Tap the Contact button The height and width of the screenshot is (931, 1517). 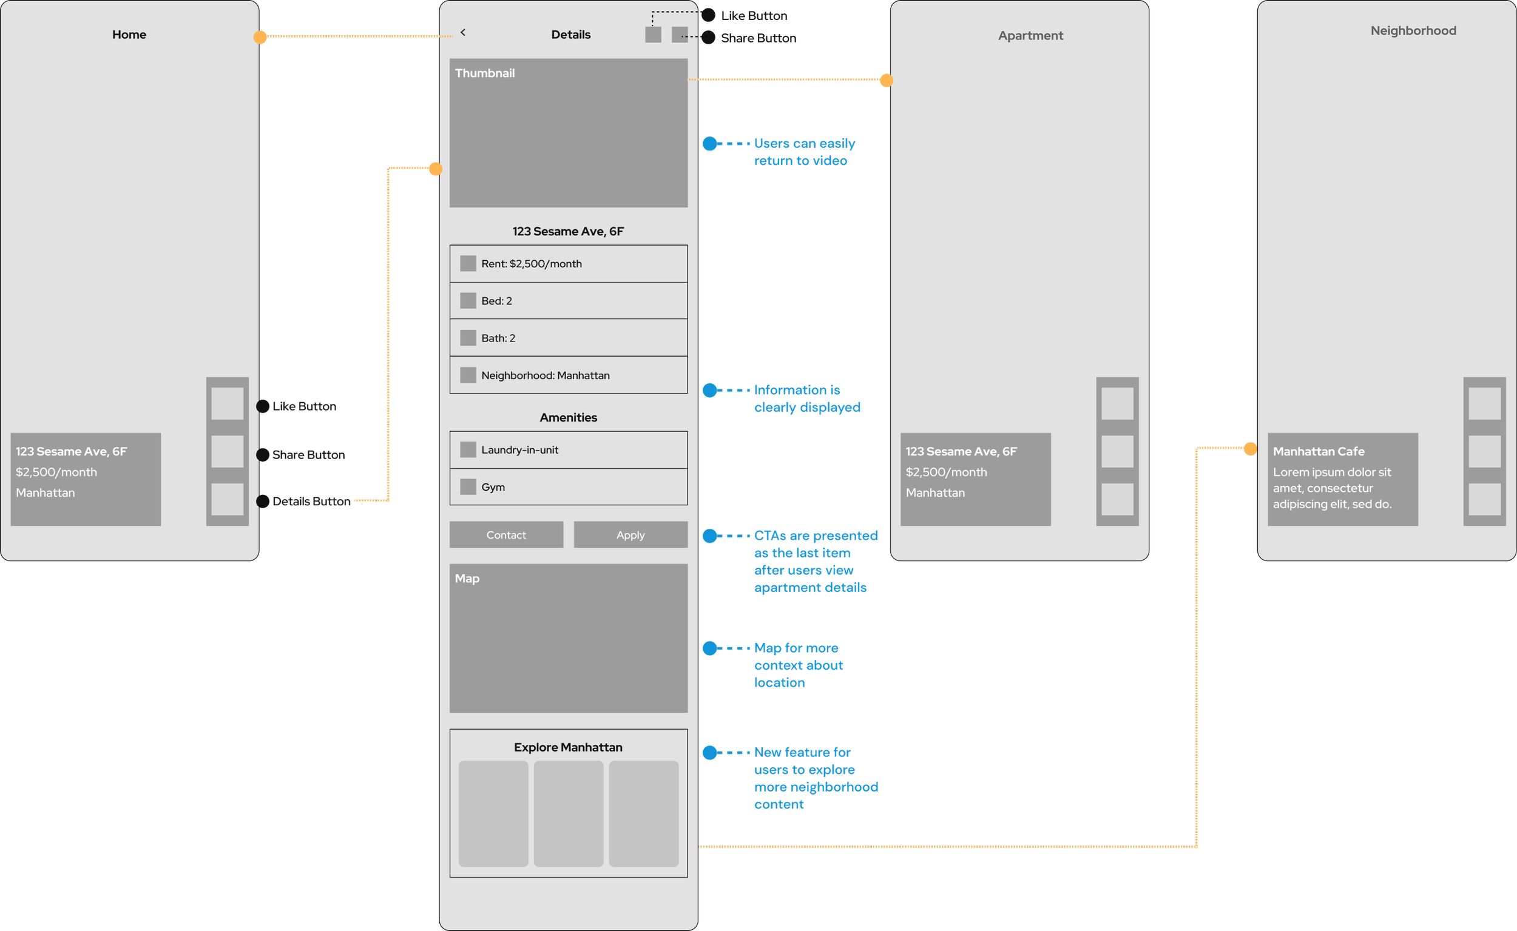pyautogui.click(x=505, y=534)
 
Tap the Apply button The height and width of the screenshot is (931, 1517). pyautogui.click(x=630, y=534)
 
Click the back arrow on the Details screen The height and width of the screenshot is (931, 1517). pyautogui.click(x=463, y=33)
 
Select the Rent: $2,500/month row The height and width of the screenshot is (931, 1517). pyautogui.click(x=568, y=264)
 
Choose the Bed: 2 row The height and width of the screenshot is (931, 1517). pyautogui.click(x=568, y=300)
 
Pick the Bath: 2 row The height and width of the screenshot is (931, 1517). pyautogui.click(x=568, y=337)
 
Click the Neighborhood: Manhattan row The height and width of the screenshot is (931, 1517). pyautogui.click(x=568, y=375)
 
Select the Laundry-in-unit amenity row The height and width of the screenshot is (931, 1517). pyautogui.click(x=568, y=449)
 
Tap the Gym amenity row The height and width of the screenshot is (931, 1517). pyautogui.click(x=568, y=486)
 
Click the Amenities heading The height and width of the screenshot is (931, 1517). pyautogui.click(x=568, y=417)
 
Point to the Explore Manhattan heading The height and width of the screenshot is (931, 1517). pyautogui.click(x=568, y=747)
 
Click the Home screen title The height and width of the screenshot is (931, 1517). pyautogui.click(x=129, y=35)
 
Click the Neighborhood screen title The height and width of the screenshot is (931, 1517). pyautogui.click(x=1413, y=31)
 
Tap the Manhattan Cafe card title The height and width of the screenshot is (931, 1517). pyautogui.click(x=1319, y=451)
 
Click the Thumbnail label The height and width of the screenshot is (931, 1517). pyautogui.click(x=485, y=73)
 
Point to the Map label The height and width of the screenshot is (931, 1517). pyautogui.click(x=467, y=578)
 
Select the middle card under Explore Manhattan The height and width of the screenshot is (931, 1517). pyautogui.click(x=568, y=813)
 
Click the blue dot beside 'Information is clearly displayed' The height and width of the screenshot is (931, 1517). pyautogui.click(x=709, y=391)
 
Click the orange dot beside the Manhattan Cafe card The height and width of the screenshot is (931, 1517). pyautogui.click(x=1249, y=449)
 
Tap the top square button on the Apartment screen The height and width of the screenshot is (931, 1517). pyautogui.click(x=1117, y=403)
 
